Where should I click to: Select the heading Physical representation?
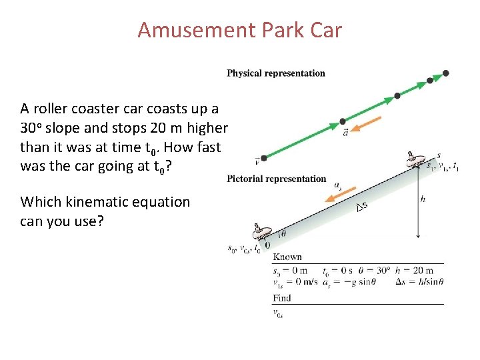(x=276, y=73)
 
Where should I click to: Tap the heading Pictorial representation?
(x=277, y=179)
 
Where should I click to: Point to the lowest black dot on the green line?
(x=264, y=158)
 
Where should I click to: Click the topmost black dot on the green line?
(x=445, y=73)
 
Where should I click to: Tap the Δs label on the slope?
(x=361, y=208)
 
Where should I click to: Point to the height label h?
(x=423, y=199)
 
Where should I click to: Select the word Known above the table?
(x=287, y=257)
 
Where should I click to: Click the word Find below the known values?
(x=282, y=298)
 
